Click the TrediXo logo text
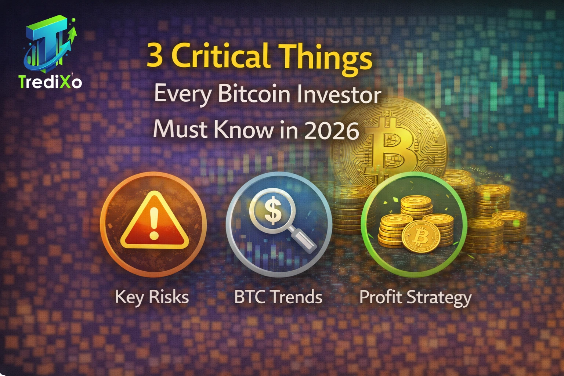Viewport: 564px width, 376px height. [x=50, y=82]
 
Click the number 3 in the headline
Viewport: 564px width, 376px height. [x=155, y=55]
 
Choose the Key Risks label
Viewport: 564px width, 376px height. [x=152, y=297]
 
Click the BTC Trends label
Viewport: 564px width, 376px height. [x=278, y=297]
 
